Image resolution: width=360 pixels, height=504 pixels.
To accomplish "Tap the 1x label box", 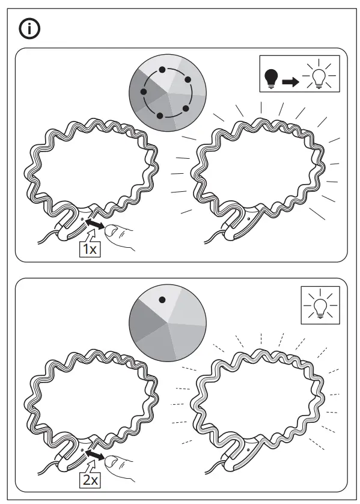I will click(90, 249).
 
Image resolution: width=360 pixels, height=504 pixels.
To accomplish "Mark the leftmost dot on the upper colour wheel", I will click(143, 92).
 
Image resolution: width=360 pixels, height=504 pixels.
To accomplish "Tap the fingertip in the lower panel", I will click(112, 462).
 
